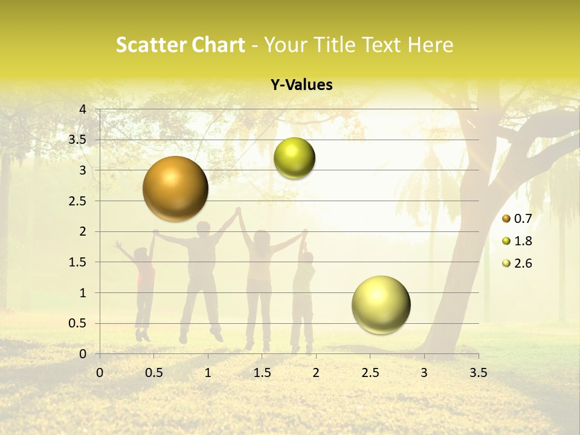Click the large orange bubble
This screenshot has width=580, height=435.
coord(175,188)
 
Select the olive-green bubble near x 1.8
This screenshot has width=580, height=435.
coord(294,158)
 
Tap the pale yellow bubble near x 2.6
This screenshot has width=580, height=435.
coord(381,304)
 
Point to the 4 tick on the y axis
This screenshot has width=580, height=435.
coord(83,109)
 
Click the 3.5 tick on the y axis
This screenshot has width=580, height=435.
coord(78,140)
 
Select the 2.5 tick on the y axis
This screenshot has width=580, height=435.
coord(78,201)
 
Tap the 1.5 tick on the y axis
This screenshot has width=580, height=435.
coord(78,262)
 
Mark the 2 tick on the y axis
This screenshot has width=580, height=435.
coord(83,231)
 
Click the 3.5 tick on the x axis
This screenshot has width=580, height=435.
coord(478,372)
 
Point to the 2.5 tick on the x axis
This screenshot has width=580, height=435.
coord(370,372)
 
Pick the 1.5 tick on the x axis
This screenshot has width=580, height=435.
coord(262,372)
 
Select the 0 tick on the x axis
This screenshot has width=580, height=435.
coord(100,372)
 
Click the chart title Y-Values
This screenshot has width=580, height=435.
coord(301,85)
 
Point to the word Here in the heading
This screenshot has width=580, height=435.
coord(431,45)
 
